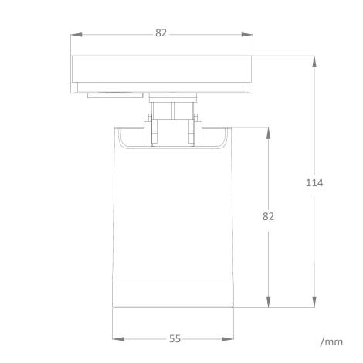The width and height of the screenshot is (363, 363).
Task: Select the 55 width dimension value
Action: [x=175, y=338]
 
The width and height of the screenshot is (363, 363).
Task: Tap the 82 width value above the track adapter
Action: [x=161, y=33]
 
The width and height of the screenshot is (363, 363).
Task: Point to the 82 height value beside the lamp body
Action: [x=268, y=216]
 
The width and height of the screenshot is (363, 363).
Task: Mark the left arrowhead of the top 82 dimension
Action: [x=75, y=34]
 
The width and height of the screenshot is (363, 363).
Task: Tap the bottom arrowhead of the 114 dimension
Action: [x=314, y=305]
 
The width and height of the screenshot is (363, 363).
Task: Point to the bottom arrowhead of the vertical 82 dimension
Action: [x=269, y=305]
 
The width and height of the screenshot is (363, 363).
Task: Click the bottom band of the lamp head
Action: [x=174, y=295]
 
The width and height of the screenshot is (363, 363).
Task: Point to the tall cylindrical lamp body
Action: [x=174, y=216]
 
